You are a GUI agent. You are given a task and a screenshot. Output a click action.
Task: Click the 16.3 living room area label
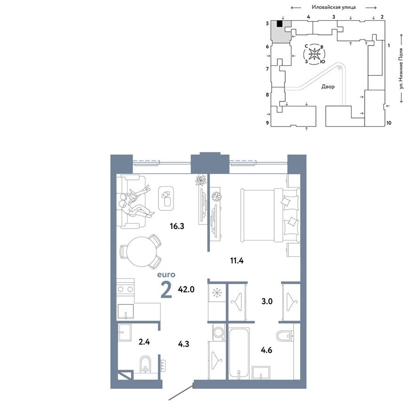coord(177,226)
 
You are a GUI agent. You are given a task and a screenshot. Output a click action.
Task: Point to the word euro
coord(166,274)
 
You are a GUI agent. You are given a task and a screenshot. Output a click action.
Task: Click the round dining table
coord(140,251)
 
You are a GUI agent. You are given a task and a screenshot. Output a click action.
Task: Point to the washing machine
coord(218,332)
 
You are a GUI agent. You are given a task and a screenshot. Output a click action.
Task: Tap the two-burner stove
coord(126,289)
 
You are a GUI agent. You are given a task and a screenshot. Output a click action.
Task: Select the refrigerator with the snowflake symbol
coord(217,293)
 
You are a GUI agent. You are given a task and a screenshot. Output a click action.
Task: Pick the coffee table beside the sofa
coord(167,198)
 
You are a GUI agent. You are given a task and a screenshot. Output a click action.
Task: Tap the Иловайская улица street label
coord(334,8)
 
